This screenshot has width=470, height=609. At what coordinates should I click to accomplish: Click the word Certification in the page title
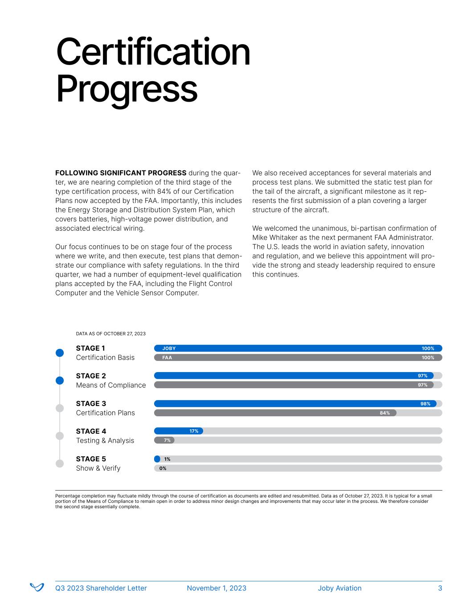click(x=153, y=53)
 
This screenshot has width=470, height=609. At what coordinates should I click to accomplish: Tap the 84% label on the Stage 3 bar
click(x=384, y=413)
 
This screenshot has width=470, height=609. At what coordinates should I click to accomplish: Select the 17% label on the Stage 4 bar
click(x=194, y=431)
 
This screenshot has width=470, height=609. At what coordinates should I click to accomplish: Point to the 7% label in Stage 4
click(x=168, y=440)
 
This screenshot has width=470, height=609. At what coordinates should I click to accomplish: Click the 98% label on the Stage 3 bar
click(x=425, y=404)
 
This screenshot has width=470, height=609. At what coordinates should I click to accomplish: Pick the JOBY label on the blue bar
click(x=169, y=348)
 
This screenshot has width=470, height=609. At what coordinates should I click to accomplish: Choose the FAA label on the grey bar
click(x=167, y=358)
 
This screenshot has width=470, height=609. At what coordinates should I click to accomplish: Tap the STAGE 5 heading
click(x=91, y=459)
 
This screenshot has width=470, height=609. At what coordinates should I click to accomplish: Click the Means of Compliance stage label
click(x=110, y=385)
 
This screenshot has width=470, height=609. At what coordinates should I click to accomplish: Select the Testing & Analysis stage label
click(x=105, y=440)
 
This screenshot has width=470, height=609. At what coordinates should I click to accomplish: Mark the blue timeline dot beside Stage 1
click(x=60, y=353)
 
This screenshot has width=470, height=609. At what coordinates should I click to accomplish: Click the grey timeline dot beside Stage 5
click(x=60, y=464)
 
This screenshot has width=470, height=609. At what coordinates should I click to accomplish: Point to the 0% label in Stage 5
click(x=163, y=468)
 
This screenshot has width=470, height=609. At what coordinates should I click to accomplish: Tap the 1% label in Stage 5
click(x=167, y=459)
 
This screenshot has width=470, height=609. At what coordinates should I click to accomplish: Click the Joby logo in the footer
click(x=37, y=588)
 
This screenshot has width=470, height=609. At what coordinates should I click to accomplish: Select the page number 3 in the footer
click(x=440, y=588)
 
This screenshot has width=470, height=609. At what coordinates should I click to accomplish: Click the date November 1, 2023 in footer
click(x=217, y=588)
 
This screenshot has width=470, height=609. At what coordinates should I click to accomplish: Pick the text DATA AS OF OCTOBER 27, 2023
click(x=110, y=334)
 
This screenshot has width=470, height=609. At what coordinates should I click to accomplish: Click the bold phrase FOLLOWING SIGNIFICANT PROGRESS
click(x=121, y=173)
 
